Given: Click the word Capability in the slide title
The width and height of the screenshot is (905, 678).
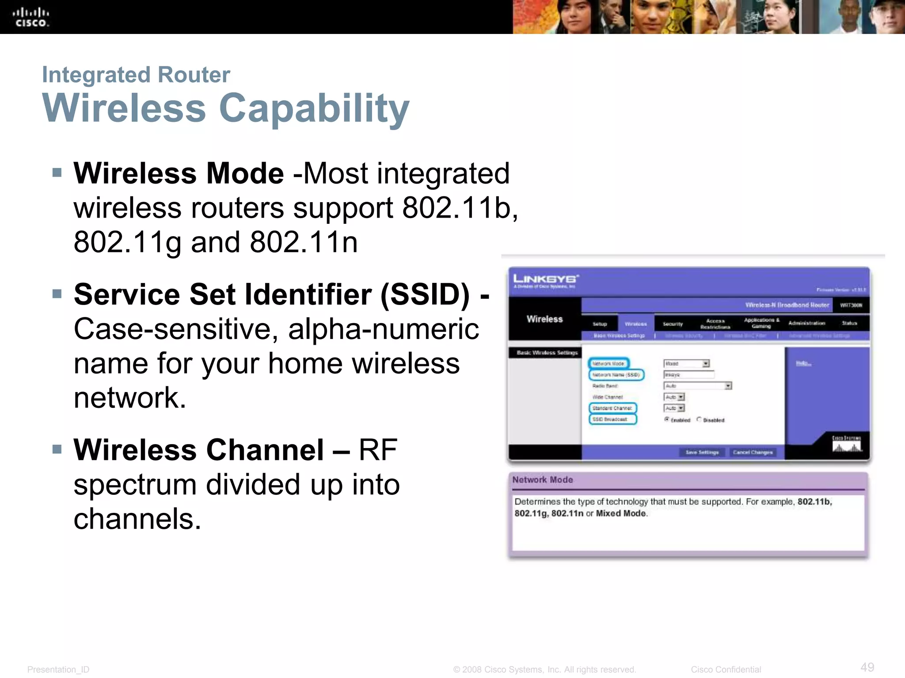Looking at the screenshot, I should coord(314,108).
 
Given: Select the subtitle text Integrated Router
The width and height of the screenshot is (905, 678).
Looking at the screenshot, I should coord(136,75).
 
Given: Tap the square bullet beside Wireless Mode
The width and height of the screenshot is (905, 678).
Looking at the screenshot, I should coord(57,172).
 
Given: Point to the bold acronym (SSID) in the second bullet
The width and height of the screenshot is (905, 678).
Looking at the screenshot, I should coord(425,294).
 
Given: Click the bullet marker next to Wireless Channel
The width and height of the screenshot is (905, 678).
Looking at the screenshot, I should coord(57,449).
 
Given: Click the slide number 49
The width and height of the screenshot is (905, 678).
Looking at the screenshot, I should coord(867,667).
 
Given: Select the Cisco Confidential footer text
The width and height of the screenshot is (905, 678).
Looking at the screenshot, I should coord(726,670).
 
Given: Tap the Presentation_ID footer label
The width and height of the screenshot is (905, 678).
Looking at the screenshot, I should coord(58,670).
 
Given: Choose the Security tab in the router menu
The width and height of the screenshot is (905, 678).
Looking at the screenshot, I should coord(673,324).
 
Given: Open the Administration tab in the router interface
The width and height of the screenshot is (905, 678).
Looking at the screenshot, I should coord(806,323).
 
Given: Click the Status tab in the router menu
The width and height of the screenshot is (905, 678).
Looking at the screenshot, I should coord(849,323).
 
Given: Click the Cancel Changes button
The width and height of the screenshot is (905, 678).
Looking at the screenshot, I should coord(753,452).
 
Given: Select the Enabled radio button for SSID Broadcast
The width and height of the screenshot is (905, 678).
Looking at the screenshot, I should coord(667,419).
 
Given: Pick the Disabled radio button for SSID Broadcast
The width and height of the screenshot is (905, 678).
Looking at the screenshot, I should coord(699,419).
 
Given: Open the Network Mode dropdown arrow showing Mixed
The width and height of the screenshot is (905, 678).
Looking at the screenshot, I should coord(706,364).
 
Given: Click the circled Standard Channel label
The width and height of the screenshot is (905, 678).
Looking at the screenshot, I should coord(612,408).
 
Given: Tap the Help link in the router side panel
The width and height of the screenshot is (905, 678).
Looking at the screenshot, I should coord(803,363).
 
